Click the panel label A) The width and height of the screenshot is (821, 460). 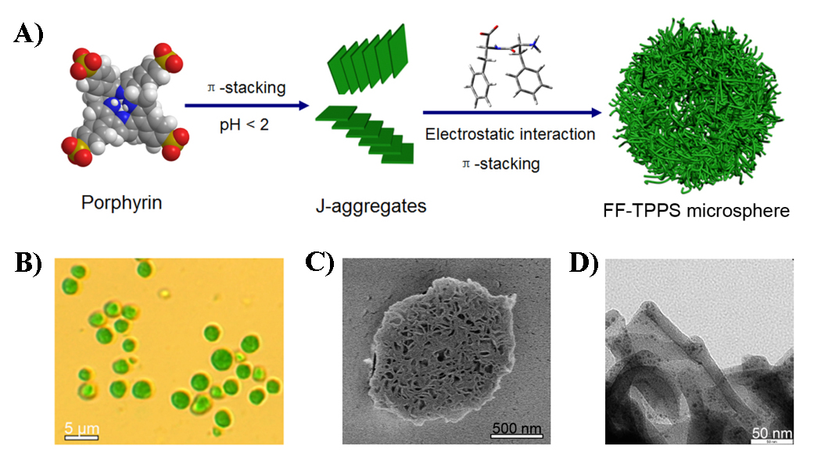click(x=27, y=36)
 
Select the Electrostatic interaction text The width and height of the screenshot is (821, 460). click(x=510, y=134)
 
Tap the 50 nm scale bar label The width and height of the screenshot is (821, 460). click(x=772, y=433)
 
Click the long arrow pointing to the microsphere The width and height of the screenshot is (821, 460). click(x=512, y=113)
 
